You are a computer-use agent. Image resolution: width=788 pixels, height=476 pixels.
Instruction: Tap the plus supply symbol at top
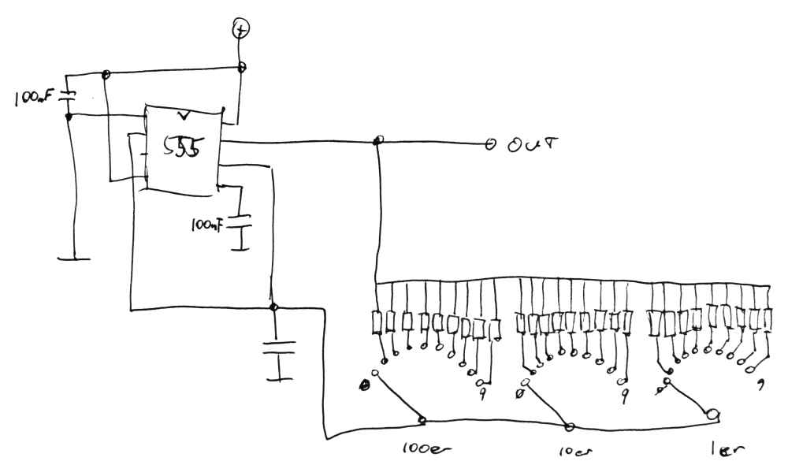coord(241,30)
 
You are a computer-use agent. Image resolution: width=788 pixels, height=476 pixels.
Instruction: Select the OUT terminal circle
coord(489,144)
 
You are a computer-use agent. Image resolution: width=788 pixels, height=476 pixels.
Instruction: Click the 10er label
coord(565,455)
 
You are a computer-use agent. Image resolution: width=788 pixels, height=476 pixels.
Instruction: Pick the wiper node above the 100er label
coord(423,420)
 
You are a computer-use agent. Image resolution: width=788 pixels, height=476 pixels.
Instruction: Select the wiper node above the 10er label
coord(570,427)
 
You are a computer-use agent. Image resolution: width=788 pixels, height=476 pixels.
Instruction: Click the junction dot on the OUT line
coord(378,141)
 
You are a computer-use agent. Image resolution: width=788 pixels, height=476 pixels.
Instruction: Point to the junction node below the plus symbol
coord(243,67)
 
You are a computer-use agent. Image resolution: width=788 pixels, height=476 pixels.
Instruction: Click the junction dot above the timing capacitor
coord(273,307)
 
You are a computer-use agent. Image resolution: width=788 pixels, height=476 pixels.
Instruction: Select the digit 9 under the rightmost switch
coord(760,385)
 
